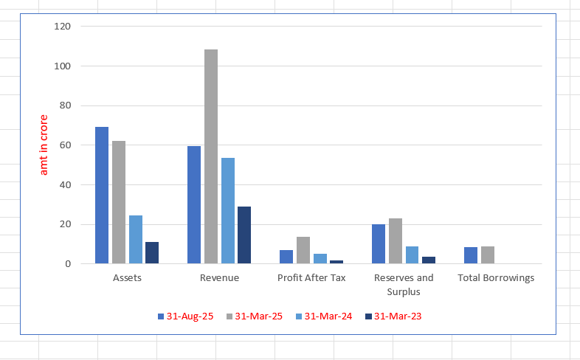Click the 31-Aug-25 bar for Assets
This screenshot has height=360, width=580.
pyautogui.click(x=102, y=195)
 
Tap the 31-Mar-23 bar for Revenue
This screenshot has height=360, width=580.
pyautogui.click(x=244, y=235)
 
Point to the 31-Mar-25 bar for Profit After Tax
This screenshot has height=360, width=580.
pyautogui.click(x=303, y=250)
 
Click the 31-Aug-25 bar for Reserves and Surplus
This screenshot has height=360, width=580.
pyautogui.click(x=379, y=243)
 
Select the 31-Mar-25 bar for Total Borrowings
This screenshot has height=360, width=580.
pyautogui.click(x=488, y=255)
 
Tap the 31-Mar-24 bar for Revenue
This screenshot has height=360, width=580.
pyautogui.click(x=228, y=210)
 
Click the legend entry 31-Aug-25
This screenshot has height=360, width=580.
pyautogui.click(x=185, y=316)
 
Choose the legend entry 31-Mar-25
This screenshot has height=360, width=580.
pyautogui.click(x=254, y=316)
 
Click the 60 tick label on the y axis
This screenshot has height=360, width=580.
pyautogui.click(x=65, y=145)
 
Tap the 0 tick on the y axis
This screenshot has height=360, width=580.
pyautogui.click(x=68, y=264)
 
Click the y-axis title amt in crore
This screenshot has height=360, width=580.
pyautogui.click(x=44, y=145)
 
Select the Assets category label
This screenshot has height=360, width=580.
pyautogui.click(x=127, y=278)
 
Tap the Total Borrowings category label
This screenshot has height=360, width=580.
pyautogui.click(x=496, y=278)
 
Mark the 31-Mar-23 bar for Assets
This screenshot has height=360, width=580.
pyautogui.click(x=152, y=252)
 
